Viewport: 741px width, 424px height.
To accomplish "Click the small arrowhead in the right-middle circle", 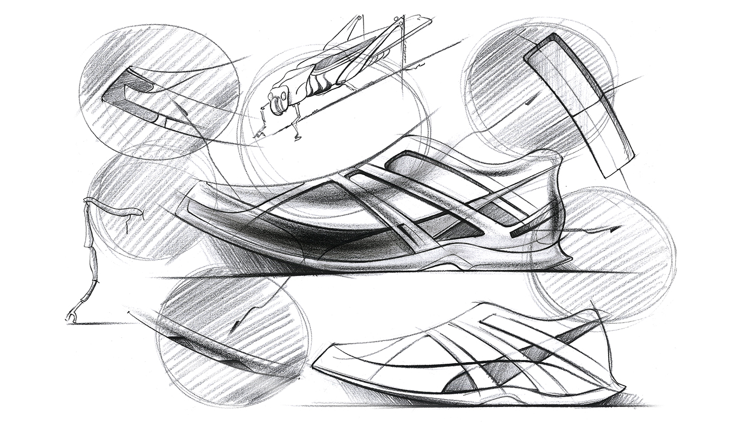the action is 614,228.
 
